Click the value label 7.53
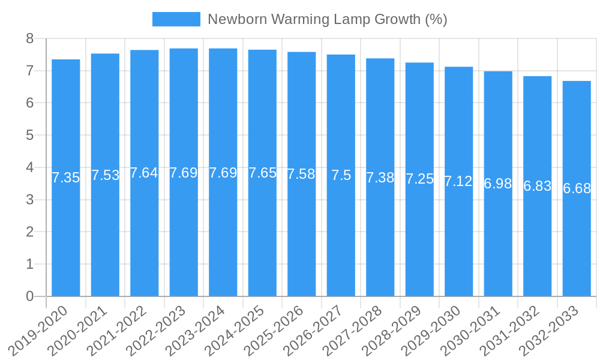[105, 175]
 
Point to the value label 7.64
[144, 173]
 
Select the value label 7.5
[341, 175]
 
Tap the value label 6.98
[498, 184]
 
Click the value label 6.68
[577, 188]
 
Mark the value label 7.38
[380, 178]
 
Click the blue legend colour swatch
[176, 19]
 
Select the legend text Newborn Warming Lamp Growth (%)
[327, 19]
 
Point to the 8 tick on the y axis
[29, 38]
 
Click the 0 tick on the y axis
[29, 296]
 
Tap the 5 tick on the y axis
[29, 135]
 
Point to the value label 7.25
[419, 179]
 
